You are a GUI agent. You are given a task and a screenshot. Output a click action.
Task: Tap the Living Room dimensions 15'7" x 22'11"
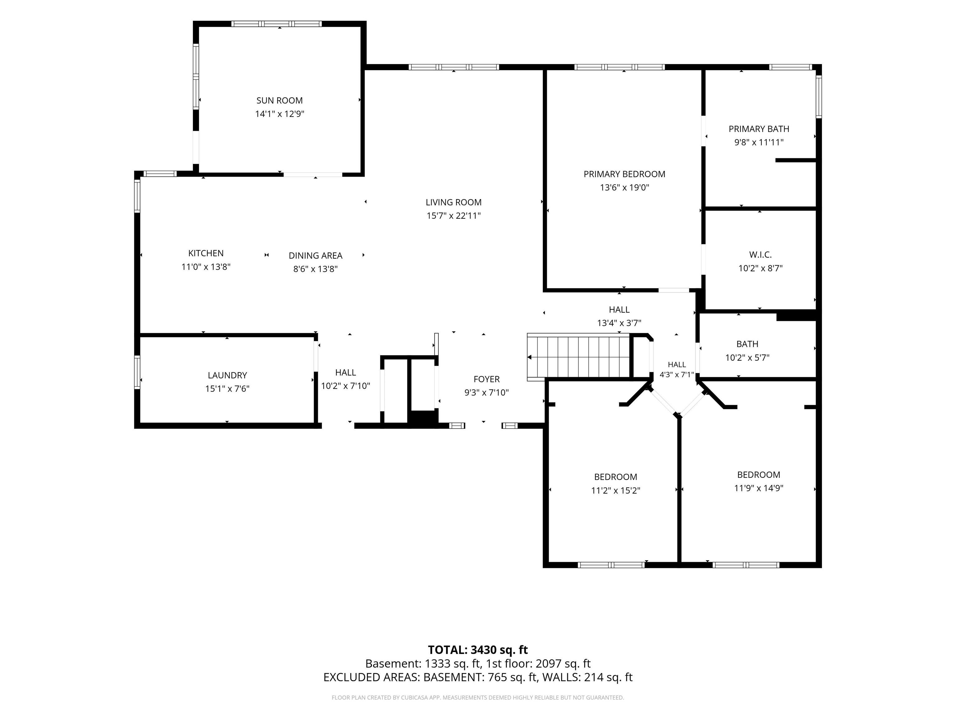453,216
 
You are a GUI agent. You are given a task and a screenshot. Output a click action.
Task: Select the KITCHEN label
206,253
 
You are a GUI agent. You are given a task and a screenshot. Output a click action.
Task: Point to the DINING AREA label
316,255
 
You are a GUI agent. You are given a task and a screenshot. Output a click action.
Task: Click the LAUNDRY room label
227,375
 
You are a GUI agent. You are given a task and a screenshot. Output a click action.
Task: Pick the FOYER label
487,379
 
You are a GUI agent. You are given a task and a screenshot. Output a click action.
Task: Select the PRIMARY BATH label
759,129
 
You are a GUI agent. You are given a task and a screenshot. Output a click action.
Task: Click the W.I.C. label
760,255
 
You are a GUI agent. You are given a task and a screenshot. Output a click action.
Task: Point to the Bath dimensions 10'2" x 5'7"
747,358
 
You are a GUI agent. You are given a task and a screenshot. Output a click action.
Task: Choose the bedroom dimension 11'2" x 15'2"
616,490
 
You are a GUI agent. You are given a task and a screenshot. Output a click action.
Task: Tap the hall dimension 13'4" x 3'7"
619,323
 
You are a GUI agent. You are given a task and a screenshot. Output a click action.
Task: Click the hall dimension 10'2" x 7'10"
345,386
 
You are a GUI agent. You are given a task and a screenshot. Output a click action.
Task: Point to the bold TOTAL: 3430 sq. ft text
478,650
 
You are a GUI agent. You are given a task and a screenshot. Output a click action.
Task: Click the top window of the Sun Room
277,24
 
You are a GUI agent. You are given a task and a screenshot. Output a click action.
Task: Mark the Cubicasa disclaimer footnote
478,698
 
